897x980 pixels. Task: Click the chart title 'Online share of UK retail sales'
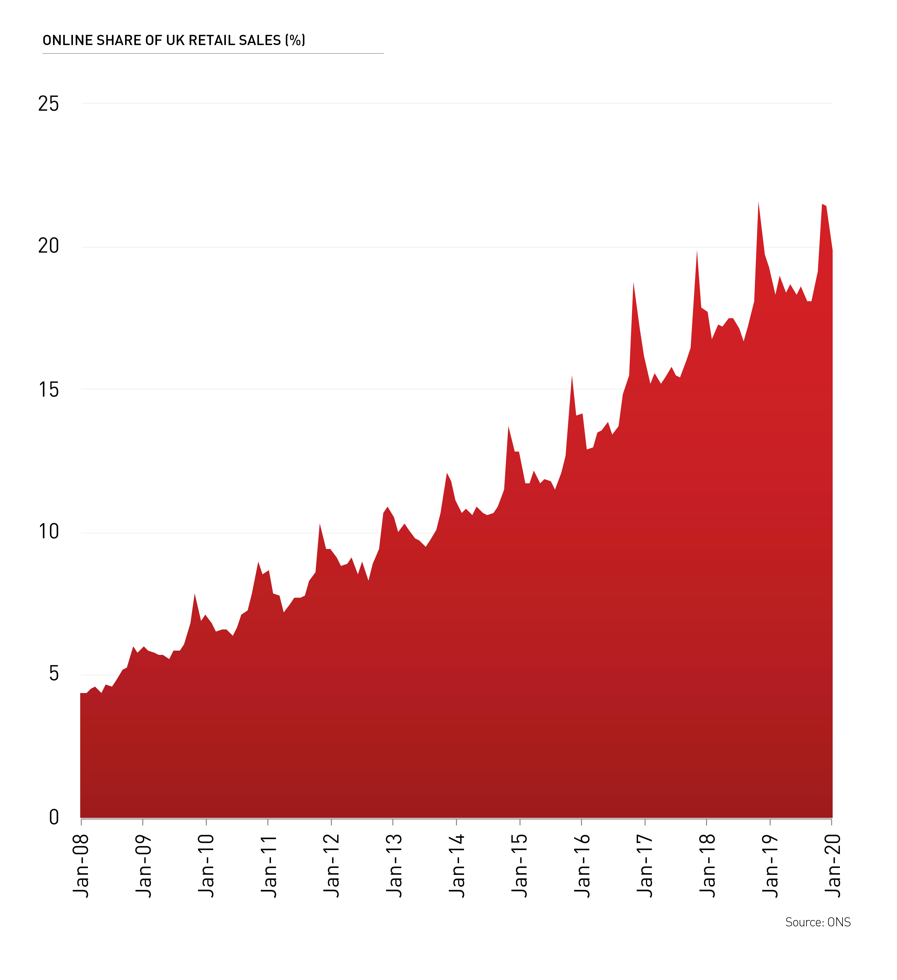[x=174, y=40]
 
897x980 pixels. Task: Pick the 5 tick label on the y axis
[x=53, y=674]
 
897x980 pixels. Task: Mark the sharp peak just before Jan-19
[x=758, y=203]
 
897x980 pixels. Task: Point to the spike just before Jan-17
[x=633, y=283]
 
